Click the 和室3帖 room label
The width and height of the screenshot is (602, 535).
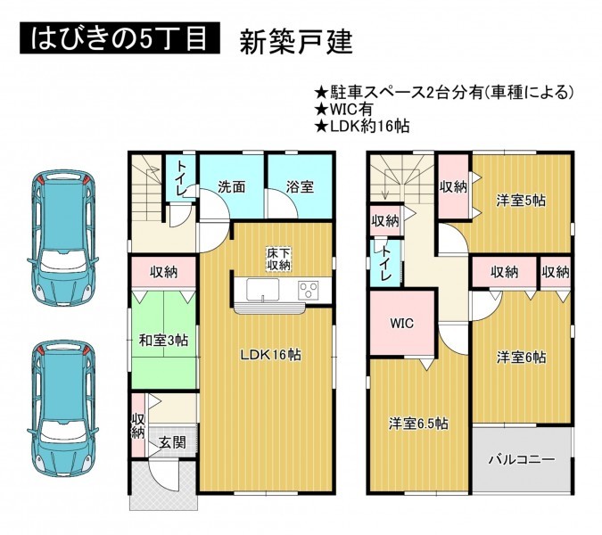coord(163,341)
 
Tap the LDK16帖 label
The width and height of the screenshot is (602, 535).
coord(270,355)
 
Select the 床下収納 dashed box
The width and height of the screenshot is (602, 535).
coord(279,259)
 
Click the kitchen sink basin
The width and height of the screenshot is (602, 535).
coord(263,290)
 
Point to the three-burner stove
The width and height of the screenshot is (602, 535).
coord(309,291)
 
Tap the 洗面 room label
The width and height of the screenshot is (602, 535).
coord(231,187)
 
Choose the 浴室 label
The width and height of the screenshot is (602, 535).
coord(300,187)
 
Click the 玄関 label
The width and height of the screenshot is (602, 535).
coord(173,442)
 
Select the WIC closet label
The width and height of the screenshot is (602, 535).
coord(402,324)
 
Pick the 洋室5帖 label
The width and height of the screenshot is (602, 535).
coord(521,201)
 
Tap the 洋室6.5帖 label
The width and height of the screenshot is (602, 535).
coord(418,424)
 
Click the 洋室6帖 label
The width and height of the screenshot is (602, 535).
coord(521,358)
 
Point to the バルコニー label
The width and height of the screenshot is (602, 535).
coord(522,459)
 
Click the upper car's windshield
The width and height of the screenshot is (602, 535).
coord(62,260)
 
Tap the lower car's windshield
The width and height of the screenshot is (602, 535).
coord(62,432)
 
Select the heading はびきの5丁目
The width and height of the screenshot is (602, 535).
coord(120,37)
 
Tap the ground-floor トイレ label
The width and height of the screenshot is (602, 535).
coord(181,177)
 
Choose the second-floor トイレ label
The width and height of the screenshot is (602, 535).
coord(385,263)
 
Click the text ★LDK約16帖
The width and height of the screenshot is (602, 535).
coord(362,126)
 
